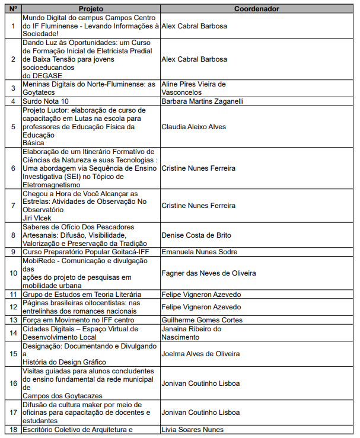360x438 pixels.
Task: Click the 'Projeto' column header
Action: pyautogui.click(x=90, y=9)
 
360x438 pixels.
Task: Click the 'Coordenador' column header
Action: pyautogui.click(x=256, y=9)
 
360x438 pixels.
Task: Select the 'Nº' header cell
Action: pyautogui.click(x=13, y=9)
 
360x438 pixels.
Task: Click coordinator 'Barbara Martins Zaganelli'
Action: pyautogui.click(x=202, y=101)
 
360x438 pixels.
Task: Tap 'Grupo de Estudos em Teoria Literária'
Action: pyautogui.click(x=82, y=295)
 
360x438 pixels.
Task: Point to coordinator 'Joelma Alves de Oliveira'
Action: pyautogui.click(x=200, y=354)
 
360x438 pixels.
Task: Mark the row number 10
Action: pyautogui.click(x=13, y=273)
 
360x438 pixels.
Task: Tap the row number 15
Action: pyautogui.click(x=13, y=354)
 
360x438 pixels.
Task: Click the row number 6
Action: pyautogui.click(x=13, y=168)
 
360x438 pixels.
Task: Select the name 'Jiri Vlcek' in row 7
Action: pyautogui.click(x=37, y=218)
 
